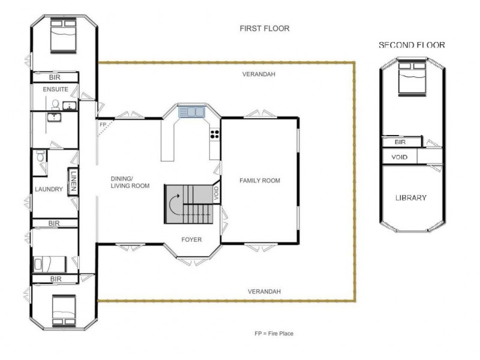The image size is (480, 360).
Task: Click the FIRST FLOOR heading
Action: coord(265,28)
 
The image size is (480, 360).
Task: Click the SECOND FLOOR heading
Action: coord(412,45)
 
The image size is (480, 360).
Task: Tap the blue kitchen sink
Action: coord(191,112)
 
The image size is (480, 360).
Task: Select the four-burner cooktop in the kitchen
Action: coord(214,134)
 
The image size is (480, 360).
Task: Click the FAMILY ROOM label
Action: coord(260,181)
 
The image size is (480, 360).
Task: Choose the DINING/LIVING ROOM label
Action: coord(130,182)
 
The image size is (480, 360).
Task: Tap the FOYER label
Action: coord(191,240)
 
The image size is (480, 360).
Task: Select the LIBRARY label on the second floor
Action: coord(411,198)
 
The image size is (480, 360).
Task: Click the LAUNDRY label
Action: coord(49,190)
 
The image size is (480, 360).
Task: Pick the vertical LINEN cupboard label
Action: coord(73,182)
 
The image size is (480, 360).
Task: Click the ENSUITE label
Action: coord(55,89)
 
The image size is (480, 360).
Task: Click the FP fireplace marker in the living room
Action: coord(103,125)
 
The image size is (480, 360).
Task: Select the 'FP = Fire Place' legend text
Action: coord(274,333)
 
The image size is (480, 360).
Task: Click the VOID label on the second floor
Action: coord(400,157)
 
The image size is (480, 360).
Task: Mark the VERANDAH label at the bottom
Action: coord(265,292)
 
